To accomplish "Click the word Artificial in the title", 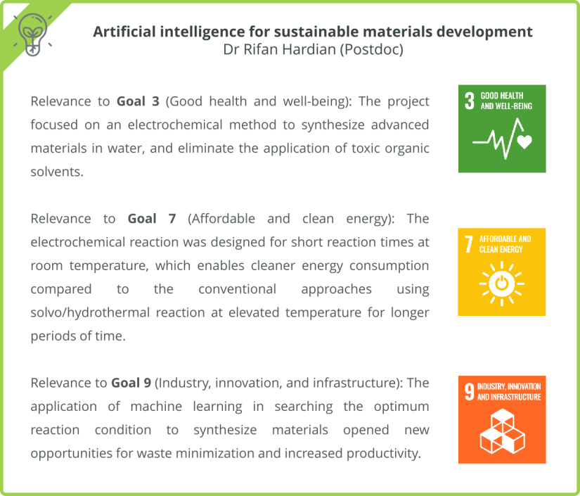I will [x=122, y=32].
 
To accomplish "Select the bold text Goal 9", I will [x=131, y=383].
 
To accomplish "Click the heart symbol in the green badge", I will [x=524, y=142].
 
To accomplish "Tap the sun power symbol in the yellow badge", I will [x=502, y=284].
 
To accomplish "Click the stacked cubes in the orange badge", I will [x=502, y=431].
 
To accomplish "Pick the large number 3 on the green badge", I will [x=469, y=101].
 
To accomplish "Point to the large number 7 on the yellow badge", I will [x=469, y=244].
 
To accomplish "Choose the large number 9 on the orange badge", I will [x=469, y=392].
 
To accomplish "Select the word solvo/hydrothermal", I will [x=90, y=312].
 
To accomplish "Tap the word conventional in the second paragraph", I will [x=237, y=289].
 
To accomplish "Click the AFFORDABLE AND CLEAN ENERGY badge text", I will [x=505, y=244].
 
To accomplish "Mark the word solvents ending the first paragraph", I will [x=57, y=172].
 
